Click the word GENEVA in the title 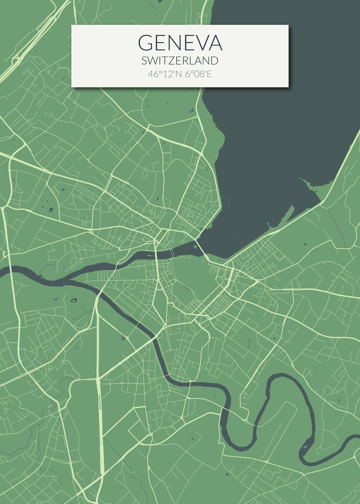[x=180, y=43]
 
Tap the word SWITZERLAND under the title [x=180, y=60]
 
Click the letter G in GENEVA [x=146, y=43]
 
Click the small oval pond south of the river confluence [x=74, y=300]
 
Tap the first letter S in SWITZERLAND [x=145, y=60]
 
